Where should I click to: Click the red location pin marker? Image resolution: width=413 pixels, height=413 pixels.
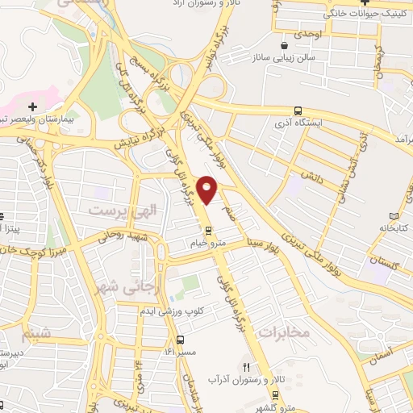(208, 189)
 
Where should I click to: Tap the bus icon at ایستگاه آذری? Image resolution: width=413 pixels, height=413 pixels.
(298, 111)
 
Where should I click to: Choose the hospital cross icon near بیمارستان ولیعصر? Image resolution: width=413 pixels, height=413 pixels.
(31, 106)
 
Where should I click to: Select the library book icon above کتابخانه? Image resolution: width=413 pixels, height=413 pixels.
(394, 216)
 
